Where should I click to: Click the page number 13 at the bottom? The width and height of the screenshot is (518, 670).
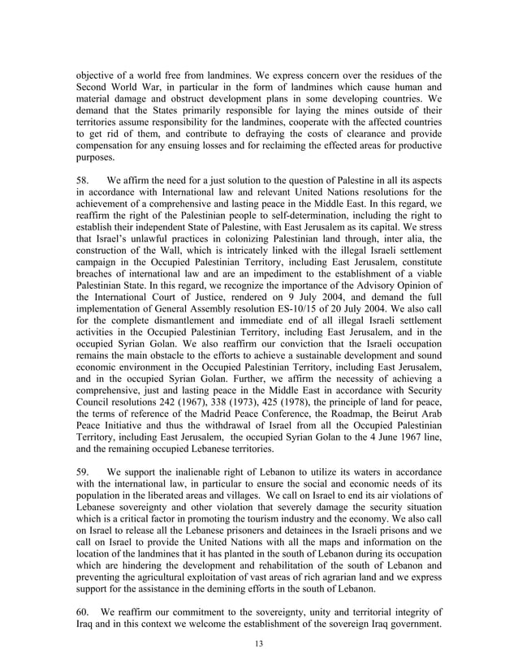(258, 644)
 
